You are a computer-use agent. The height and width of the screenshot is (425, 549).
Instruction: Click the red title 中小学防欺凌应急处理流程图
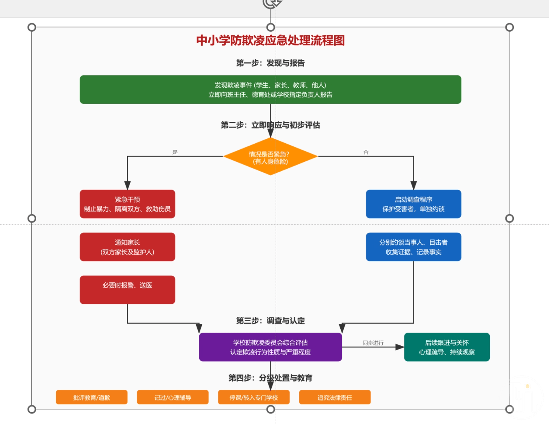pos(270,40)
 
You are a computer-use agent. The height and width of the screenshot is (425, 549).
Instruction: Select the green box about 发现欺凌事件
pos(270,90)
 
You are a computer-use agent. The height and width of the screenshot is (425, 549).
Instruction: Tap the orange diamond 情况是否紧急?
pos(270,157)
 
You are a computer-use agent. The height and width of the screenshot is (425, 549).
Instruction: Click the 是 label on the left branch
pos(175,152)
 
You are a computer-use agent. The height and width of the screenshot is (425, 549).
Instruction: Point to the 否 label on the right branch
pos(366,152)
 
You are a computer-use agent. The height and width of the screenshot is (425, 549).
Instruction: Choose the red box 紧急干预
pos(127,204)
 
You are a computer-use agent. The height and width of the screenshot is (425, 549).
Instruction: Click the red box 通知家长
pos(127,247)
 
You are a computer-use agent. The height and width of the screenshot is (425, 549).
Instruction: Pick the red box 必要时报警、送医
pos(127,290)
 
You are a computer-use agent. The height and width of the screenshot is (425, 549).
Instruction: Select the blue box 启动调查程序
pos(413,204)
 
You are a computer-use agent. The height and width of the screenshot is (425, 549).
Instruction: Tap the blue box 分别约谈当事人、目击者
pos(413,247)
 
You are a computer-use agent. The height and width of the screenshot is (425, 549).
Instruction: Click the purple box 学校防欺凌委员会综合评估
pos(270,347)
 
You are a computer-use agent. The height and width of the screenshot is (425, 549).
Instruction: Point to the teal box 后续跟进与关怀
pos(447,347)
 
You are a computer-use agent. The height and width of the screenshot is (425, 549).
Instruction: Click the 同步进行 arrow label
pos(373,343)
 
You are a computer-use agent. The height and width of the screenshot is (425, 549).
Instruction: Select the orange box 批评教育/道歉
pos(92,397)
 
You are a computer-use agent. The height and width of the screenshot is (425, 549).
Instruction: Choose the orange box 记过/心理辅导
pos(172,397)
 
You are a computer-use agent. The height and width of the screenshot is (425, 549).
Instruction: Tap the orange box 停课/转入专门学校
pos(254,397)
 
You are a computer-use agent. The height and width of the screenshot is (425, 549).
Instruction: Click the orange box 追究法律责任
pos(335,397)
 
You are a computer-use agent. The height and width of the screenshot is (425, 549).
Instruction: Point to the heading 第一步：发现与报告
pos(270,63)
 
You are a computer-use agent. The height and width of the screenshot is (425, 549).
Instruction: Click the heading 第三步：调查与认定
pos(270,321)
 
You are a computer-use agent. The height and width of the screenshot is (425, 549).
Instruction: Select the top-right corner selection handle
pos(509,27)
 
